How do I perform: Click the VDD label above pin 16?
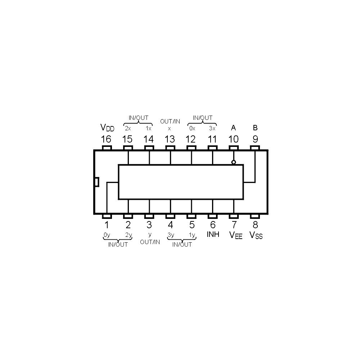coord(107,128)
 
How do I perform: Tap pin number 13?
coord(170,139)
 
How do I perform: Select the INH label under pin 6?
coord(213,234)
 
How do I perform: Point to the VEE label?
coord(236,235)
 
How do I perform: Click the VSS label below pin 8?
coord(256,235)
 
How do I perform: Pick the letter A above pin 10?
coord(233,128)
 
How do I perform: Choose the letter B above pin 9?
coord(255,128)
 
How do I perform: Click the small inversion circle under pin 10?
coord(234,162)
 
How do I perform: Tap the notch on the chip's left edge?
coord(97,182)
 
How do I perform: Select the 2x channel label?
coord(128,129)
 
